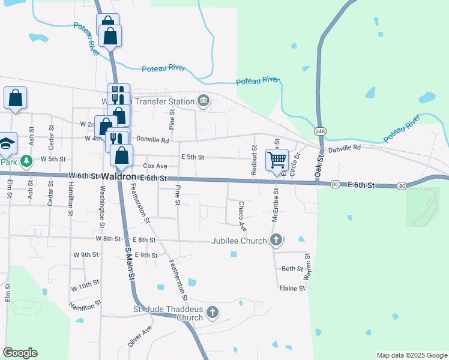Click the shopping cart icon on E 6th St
277,160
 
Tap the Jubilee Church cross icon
276,241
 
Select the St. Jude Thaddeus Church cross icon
212,312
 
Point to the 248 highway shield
320,131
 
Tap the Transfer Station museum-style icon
203,101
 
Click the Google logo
20,353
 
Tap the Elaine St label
292,289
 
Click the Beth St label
292,269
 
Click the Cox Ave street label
155,166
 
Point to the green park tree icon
26,161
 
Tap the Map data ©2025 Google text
411,355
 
